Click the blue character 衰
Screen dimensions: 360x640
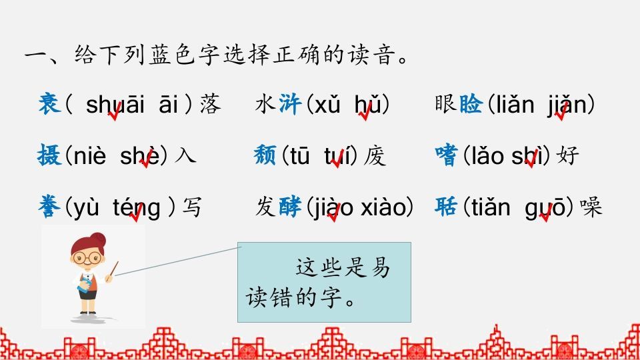(50, 105)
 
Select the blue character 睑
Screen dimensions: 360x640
(471, 105)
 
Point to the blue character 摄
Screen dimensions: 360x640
(50, 156)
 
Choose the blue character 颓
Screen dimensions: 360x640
(267, 156)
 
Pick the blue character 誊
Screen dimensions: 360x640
(50, 207)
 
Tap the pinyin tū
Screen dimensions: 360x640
(298, 157)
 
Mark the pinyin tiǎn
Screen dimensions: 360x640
(489, 208)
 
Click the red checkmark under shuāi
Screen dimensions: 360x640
(115, 116)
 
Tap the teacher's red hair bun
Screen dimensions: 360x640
(98, 237)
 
